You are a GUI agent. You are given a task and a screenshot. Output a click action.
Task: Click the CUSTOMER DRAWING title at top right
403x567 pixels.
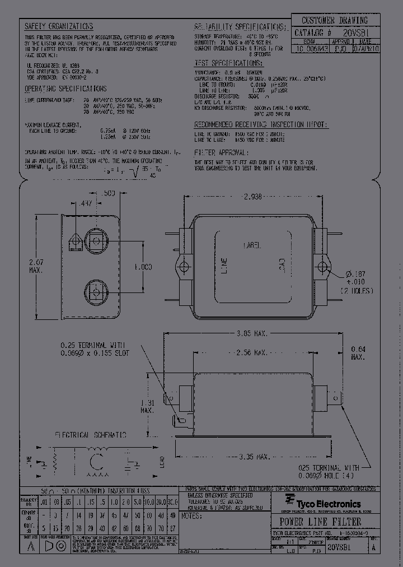pos(335,21)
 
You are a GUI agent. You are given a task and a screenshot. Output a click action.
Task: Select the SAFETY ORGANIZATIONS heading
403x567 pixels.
pos(59,26)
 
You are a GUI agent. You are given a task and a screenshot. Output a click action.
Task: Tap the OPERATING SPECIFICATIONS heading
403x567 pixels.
pos(65,89)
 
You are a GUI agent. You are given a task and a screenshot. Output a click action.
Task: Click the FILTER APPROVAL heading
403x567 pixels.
pos(221,152)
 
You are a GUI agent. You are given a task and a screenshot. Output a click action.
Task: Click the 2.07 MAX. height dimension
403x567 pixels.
pos(35,265)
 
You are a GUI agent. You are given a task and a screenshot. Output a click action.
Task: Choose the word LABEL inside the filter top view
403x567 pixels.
pos(252,245)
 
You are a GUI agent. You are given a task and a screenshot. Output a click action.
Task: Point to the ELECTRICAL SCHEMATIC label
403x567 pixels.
pos(90,435)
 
